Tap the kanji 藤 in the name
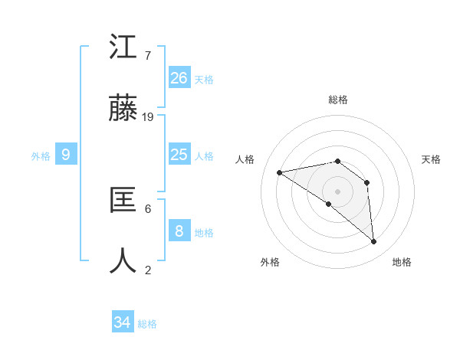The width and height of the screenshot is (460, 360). (x=123, y=108)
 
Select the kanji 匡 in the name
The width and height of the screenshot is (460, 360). (x=123, y=200)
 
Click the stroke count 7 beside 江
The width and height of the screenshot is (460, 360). (x=148, y=56)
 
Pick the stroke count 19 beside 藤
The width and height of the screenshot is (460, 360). (x=149, y=117)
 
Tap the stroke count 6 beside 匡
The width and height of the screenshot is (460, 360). (x=148, y=208)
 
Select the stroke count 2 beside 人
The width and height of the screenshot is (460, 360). (x=148, y=270)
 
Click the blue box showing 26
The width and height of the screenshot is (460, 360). (x=179, y=77)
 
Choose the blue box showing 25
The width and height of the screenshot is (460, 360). (x=179, y=155)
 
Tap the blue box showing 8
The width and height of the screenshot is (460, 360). (x=179, y=231)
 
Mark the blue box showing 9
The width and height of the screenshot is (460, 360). (x=66, y=155)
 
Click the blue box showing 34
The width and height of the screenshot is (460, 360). (x=123, y=322)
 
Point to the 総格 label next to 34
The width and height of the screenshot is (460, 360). (x=147, y=324)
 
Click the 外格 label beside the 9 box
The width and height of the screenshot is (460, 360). (x=41, y=156)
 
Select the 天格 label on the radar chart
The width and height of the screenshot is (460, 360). (x=431, y=159)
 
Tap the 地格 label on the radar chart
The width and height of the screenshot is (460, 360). (x=402, y=262)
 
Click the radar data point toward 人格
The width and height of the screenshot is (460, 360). (x=280, y=172)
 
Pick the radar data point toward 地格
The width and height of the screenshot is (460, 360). (x=374, y=242)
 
